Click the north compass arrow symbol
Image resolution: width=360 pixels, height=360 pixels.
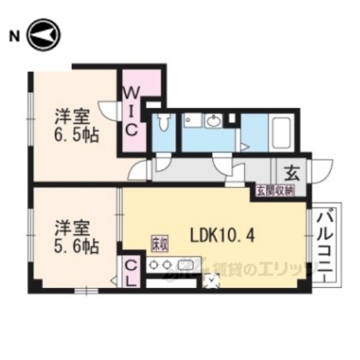[42, 34]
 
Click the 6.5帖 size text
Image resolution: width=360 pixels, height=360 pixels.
[75, 136]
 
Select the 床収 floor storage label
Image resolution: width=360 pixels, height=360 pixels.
[158, 244]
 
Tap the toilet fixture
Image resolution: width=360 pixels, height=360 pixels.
[163, 123]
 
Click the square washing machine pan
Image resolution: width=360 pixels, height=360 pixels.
[193, 121]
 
